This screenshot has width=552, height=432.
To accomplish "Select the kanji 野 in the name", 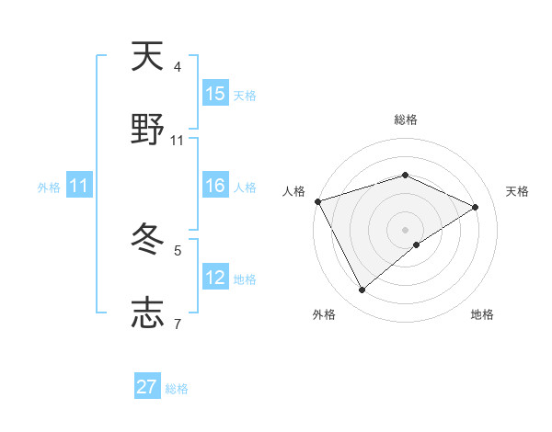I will (x=147, y=130).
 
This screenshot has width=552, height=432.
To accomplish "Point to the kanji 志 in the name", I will (x=147, y=313).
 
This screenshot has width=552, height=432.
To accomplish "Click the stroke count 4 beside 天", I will (x=178, y=67).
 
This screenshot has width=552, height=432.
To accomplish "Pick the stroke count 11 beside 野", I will (x=178, y=141).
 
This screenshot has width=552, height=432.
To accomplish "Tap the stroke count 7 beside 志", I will (x=178, y=324).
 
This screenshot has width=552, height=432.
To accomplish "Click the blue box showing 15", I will (x=215, y=94).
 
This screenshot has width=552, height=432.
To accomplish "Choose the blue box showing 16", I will (x=215, y=187).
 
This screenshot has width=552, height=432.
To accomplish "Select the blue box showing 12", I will (x=215, y=278).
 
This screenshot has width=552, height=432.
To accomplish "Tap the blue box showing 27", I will (x=147, y=387).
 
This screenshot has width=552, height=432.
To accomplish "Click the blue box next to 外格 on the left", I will (x=79, y=187).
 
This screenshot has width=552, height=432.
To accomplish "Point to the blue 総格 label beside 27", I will (x=177, y=389).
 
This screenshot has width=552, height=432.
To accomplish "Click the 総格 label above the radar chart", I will (x=405, y=119).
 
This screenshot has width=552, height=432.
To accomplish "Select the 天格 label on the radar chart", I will (x=518, y=191).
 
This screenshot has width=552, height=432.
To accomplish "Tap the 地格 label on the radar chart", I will (x=482, y=314).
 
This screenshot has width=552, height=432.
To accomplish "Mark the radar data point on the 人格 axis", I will (x=317, y=201).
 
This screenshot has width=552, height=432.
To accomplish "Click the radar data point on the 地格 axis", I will (x=417, y=244).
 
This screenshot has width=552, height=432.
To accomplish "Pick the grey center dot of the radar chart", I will (x=405, y=229).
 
